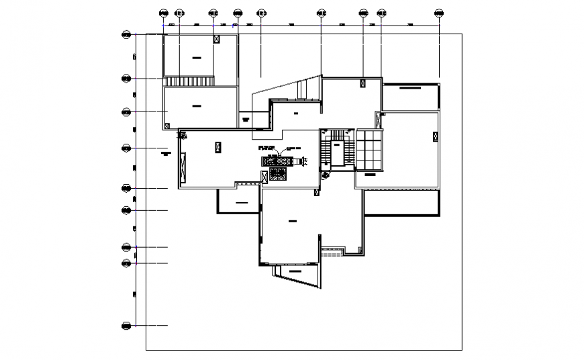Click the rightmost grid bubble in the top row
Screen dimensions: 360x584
(439, 13)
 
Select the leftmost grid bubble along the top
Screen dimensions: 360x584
(163, 13)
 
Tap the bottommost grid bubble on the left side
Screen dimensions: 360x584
(126, 326)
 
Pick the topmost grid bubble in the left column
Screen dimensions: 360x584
(126, 35)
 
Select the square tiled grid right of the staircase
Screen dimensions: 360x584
(369, 150)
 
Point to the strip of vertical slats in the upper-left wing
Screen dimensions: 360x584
(189, 81)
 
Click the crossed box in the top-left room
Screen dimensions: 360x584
(215, 40)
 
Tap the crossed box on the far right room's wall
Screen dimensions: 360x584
(435, 136)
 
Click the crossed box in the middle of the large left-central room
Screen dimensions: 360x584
(217, 146)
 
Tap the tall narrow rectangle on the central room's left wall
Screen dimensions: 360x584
(182, 165)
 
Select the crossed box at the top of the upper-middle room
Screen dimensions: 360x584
(362, 83)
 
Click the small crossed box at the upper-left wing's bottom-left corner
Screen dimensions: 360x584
(166, 125)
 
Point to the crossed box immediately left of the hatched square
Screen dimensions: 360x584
(264, 176)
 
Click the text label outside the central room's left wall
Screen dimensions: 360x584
(166, 154)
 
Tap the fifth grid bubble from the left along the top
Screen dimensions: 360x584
(260, 13)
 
